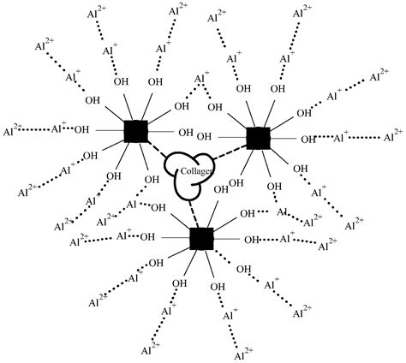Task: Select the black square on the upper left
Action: coord(135,131)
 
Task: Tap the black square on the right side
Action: coord(257,137)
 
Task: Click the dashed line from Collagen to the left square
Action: coord(158,151)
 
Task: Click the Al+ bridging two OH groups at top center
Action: coord(201,80)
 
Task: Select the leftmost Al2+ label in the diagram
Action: coord(13,131)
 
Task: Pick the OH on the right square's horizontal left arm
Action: coord(205,135)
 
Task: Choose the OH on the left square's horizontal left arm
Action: coord(81,131)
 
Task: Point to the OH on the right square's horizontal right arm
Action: coord(306,138)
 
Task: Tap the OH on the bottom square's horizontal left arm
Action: coord(147,236)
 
